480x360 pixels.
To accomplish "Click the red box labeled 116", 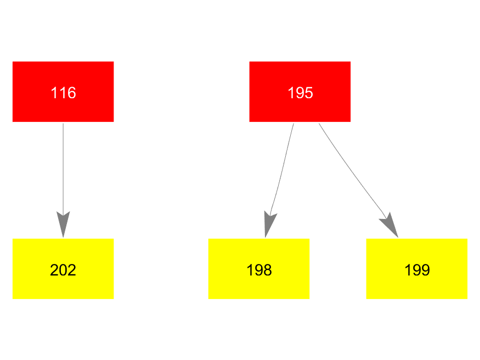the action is coord(63,92).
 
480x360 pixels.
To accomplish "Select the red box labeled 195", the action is coord(300,92).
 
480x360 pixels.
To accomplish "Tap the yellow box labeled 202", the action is coord(63,269).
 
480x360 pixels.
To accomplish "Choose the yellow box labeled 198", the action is coord(259,269).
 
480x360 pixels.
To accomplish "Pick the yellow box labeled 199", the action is coord(417,269).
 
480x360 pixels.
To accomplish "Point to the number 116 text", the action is coord(64,93).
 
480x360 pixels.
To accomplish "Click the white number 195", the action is coord(300,93).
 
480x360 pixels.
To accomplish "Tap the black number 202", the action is coord(63,270).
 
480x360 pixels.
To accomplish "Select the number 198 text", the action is coord(259,270).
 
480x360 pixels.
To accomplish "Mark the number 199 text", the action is coord(417,270).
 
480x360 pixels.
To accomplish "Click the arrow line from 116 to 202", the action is coord(63,181).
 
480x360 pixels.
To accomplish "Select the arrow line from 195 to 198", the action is coord(279,181).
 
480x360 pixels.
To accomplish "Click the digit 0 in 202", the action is coord(63,270).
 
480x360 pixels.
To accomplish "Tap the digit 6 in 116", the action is coord(72,93).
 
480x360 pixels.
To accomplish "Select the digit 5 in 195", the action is coord(309,93).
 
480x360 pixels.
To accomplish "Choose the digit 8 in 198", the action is coord(268,270).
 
